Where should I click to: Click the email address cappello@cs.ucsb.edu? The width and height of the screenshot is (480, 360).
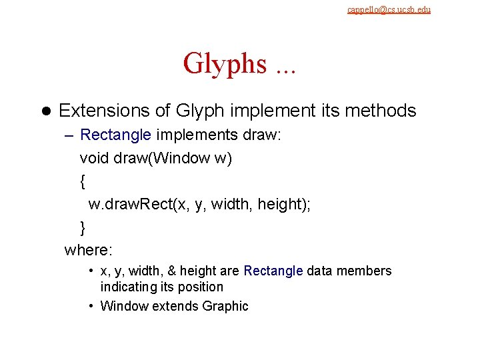coord(389,9)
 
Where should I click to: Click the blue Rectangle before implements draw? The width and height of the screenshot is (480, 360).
coord(115,135)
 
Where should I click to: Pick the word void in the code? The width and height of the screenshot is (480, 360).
coord(93,159)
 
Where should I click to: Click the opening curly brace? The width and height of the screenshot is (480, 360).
coord(83,181)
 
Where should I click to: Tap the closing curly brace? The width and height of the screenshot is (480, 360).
coord(83,227)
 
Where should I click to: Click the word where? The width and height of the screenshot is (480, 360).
coord(89,250)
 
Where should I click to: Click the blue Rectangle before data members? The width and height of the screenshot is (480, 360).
coord(273,271)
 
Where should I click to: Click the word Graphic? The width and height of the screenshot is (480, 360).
coord(225,306)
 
